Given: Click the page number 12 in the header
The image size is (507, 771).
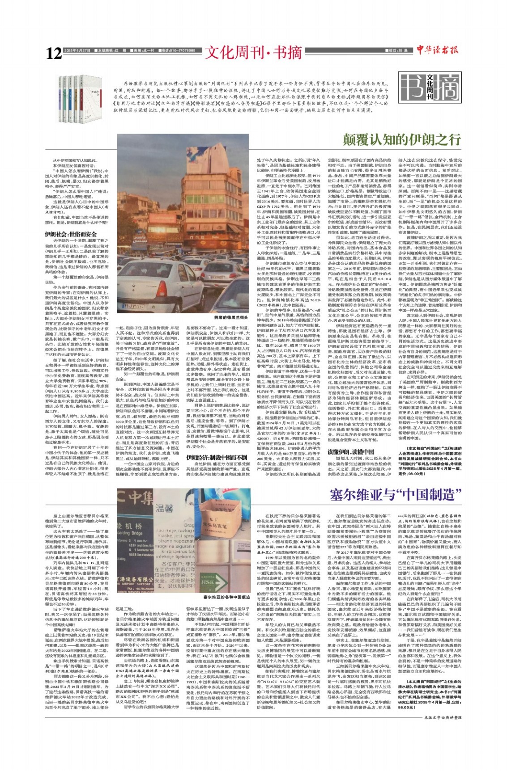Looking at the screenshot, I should pos(53,54).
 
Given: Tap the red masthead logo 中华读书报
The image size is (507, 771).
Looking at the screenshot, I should pos(437,50).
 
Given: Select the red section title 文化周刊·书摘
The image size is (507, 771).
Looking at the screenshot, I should pos(253,53).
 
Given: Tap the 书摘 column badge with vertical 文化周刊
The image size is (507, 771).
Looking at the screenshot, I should pos(423,86).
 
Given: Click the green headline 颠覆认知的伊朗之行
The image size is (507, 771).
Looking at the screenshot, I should pos(401,139).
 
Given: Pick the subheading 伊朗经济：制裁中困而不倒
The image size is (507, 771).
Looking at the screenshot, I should pos(217,458).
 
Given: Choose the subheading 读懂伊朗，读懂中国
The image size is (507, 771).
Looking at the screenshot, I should pos(350,451).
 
